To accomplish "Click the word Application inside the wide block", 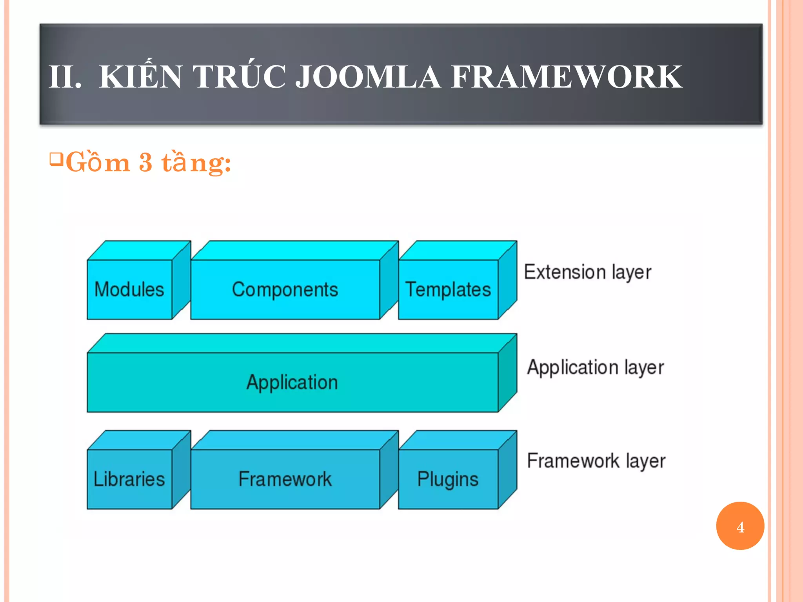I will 292,382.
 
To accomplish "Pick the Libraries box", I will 129,479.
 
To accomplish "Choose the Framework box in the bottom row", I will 285,479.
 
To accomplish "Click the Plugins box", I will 448,479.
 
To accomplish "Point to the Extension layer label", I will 587,272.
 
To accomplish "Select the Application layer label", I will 595,367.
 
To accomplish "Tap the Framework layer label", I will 596,461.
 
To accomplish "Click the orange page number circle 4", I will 740,526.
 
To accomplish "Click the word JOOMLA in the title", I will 368,76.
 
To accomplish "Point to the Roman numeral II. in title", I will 65,77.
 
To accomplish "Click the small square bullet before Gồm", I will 56,159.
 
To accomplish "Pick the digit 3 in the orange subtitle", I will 145,162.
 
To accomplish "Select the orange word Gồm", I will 98,162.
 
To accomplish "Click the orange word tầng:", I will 196,162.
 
